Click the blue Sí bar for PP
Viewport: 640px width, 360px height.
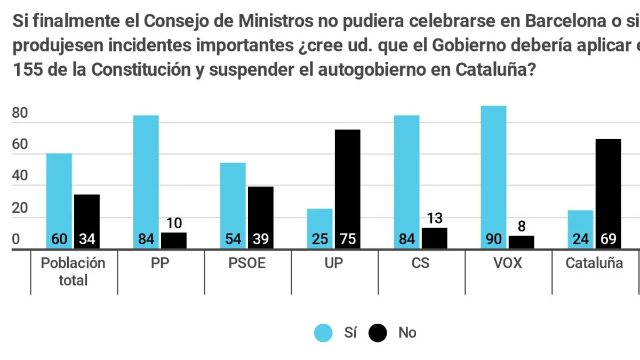146,181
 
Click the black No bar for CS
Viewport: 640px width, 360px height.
434,238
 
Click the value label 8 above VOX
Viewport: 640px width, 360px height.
521,226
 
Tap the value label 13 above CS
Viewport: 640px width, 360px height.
434,218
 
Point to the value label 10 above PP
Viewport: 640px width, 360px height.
173,223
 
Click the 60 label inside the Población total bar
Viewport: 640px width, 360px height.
59,239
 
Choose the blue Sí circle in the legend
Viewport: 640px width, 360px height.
323,333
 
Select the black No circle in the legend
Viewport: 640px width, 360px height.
378,333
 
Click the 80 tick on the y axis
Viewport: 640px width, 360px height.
20,114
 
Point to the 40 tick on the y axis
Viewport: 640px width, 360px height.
20,177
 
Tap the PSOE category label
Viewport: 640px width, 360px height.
246,263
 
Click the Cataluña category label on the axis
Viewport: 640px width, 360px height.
594,263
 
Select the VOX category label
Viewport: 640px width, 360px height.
507,263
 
